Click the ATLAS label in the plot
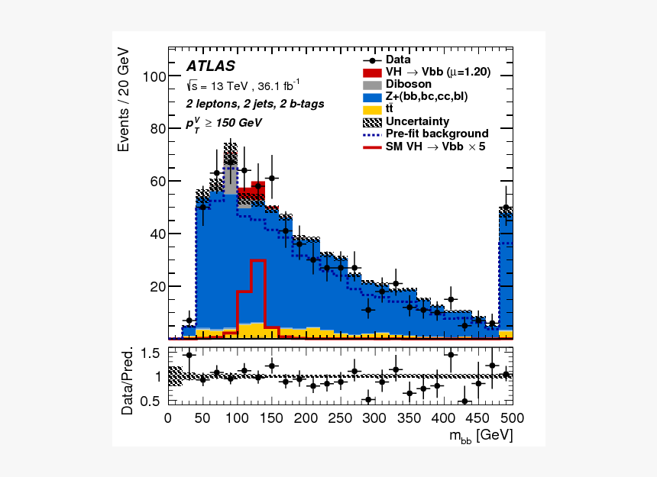click(209, 66)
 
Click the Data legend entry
click(398, 60)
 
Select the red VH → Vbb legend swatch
click(372, 72)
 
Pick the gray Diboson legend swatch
click(372, 84)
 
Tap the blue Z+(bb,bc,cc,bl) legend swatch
click(372, 96)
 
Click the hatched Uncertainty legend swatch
click(372, 121)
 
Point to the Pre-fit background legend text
click(437, 133)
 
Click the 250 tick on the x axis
click(340, 418)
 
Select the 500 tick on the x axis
click(512, 418)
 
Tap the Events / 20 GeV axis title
click(125, 99)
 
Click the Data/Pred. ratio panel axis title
click(127, 381)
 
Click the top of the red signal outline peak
click(257, 260)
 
